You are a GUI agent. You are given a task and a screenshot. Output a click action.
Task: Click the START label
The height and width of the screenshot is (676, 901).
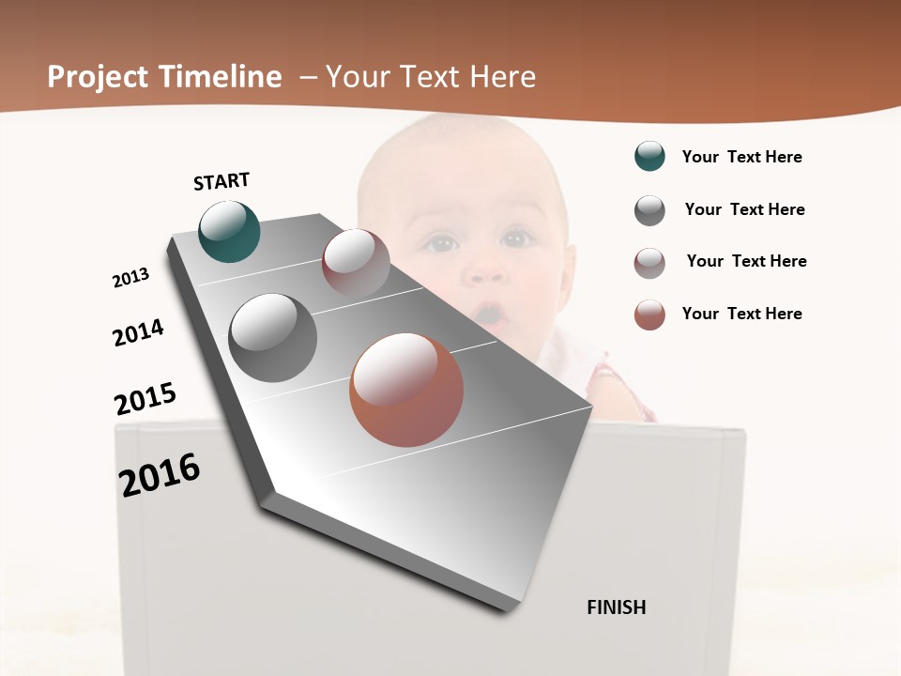click(221, 181)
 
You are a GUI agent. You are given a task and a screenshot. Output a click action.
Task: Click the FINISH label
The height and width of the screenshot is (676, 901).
click(616, 607)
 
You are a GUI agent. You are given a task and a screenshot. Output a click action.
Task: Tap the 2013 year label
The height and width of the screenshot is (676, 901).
click(130, 277)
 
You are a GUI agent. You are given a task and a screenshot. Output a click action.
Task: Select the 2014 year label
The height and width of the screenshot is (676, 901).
click(138, 332)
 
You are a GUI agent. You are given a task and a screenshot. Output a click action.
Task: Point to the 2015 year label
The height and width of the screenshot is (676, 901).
click(145, 398)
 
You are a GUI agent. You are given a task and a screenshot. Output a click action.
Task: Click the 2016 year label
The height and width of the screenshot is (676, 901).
click(160, 474)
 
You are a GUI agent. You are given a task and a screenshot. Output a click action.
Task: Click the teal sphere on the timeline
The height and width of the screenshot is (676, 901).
click(229, 231)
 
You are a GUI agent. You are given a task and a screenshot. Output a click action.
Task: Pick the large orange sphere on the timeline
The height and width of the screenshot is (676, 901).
click(406, 390)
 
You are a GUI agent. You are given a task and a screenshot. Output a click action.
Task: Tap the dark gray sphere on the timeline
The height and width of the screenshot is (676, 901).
click(273, 338)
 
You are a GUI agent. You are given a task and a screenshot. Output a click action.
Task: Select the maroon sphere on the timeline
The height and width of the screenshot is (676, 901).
click(356, 263)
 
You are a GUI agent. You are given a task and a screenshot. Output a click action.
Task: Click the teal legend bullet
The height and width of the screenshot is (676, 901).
click(649, 157)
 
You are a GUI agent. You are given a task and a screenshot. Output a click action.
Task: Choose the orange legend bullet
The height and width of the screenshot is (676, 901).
click(649, 315)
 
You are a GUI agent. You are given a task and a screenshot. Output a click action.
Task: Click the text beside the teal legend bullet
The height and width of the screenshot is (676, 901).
click(741, 157)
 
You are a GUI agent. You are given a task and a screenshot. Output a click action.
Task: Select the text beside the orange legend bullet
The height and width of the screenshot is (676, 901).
click(741, 314)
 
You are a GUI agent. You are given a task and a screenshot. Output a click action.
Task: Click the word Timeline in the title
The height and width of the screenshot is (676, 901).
click(222, 77)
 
